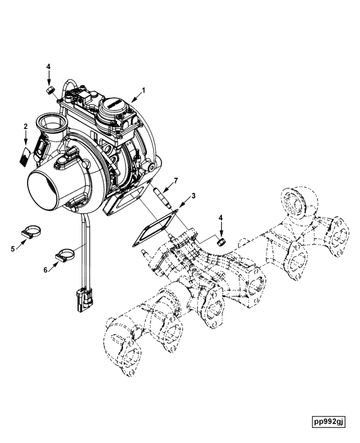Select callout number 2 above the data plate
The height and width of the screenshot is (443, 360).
[x=26, y=126]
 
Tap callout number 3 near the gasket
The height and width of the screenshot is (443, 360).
[x=193, y=196]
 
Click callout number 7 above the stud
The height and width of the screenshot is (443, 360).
[x=176, y=180]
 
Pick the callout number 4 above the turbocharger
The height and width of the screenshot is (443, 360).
[x=49, y=67]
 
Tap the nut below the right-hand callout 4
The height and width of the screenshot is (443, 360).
[x=221, y=241]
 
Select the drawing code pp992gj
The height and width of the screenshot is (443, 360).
[x=328, y=421]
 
